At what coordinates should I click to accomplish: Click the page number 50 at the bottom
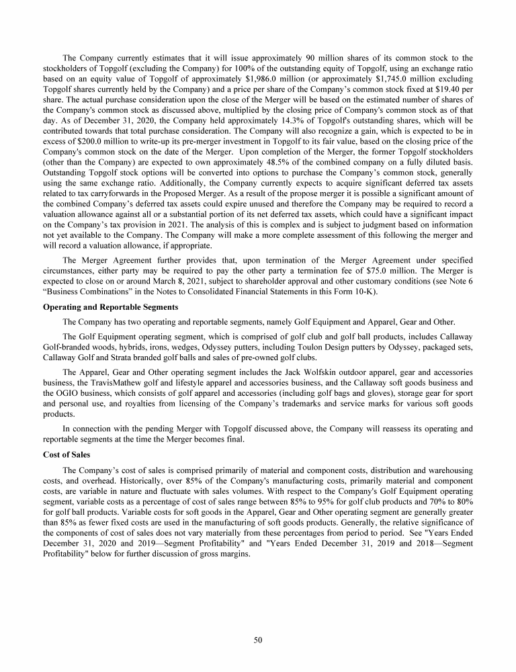pos(258,640)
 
